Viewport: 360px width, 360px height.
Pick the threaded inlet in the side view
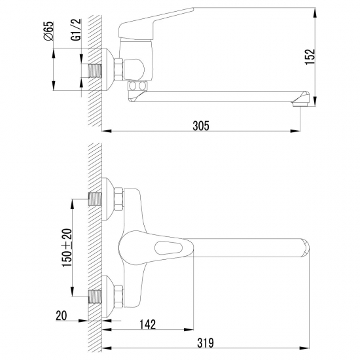pyautogui.click(x=94, y=70)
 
